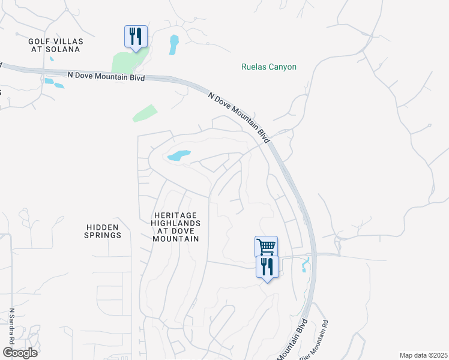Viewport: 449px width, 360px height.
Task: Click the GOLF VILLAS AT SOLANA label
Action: click(x=55, y=45)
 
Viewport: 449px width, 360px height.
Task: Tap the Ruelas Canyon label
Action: click(x=269, y=67)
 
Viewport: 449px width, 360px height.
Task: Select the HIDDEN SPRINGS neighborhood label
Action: click(x=103, y=231)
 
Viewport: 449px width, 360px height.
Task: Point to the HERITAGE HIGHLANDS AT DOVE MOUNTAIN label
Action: click(x=176, y=226)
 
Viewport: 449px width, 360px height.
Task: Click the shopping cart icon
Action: click(x=266, y=246)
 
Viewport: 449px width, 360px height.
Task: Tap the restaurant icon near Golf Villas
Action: click(x=135, y=36)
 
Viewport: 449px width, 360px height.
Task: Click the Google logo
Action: click(x=20, y=352)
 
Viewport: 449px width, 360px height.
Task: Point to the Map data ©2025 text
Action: click(x=423, y=355)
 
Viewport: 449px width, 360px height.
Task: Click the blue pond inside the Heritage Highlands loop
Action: click(x=179, y=156)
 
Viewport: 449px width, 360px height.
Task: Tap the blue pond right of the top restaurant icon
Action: click(x=174, y=44)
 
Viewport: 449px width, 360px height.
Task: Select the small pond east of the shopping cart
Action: click(x=306, y=264)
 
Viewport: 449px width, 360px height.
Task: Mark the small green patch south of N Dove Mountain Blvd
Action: click(x=145, y=113)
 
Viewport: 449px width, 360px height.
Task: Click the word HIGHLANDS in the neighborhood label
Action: click(x=176, y=223)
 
